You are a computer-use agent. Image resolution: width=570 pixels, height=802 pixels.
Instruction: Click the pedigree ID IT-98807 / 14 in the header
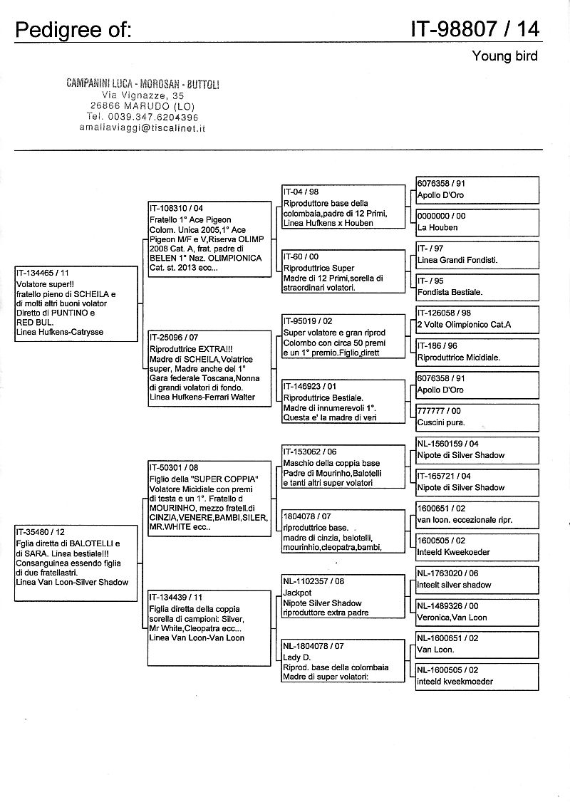coord(475,28)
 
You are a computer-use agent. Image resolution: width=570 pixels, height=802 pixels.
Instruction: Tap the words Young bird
coord(504,56)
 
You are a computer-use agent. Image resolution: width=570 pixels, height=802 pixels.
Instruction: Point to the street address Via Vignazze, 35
coord(143,95)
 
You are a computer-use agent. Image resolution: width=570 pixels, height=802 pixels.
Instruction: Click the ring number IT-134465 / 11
coord(43,273)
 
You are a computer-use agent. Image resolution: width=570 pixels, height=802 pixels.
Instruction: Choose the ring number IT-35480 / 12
coord(41,531)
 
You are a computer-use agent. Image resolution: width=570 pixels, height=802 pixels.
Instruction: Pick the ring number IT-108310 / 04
coord(176,209)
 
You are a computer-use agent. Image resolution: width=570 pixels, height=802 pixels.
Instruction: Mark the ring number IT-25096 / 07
coord(174,337)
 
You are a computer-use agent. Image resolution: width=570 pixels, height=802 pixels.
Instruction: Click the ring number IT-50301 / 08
coord(174,467)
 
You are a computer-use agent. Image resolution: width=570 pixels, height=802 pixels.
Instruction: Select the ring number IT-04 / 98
coord(301,192)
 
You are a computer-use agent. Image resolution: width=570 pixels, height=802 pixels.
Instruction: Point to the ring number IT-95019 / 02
coord(308,321)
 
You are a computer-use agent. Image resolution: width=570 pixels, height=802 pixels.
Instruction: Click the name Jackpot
coord(297,593)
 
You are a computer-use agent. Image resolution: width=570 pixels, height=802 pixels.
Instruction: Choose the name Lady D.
coord(296,657)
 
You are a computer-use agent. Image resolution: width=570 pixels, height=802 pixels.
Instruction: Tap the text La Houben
coord(437,227)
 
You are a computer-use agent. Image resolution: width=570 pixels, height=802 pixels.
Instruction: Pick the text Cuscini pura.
coord(441,422)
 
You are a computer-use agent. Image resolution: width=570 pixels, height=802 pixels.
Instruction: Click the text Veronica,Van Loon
coord(452,618)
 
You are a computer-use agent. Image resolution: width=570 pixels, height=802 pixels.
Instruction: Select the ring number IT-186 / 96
coord(437,345)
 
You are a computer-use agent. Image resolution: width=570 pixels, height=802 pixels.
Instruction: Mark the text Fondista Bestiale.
coord(450,292)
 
